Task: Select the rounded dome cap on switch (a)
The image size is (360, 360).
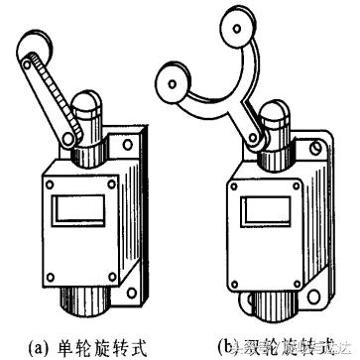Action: point(83,102)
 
